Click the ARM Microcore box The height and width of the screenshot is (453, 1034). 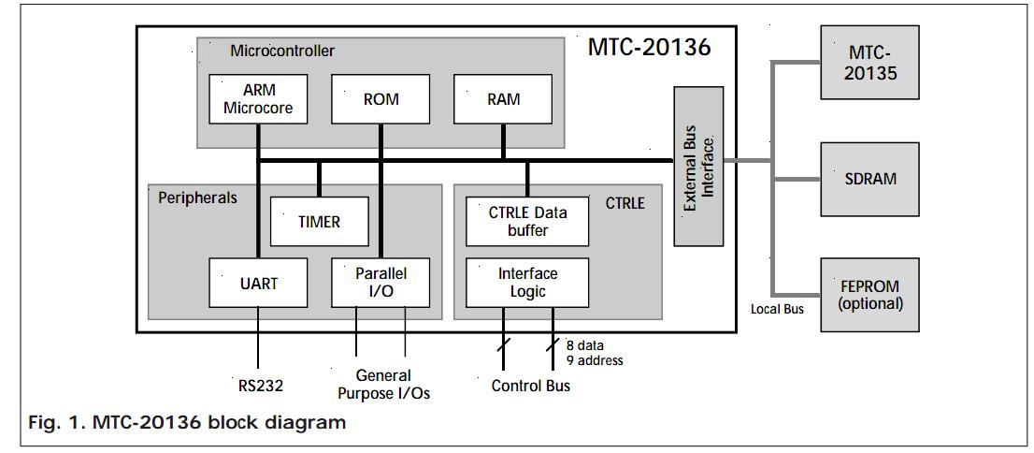pos(258,98)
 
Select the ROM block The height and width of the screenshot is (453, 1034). pos(381,98)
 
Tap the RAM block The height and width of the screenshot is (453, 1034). pos(503,98)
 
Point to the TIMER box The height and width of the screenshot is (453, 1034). pos(319,222)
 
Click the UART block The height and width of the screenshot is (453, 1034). pos(258,283)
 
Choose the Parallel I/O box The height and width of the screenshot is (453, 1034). pos(381,283)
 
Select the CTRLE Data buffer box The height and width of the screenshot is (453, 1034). pos(527,222)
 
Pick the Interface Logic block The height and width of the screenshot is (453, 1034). pos(527,283)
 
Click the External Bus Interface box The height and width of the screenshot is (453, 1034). pos(697,166)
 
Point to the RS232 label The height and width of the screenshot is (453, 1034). pos(260,385)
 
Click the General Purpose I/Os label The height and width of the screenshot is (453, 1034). pos(383,385)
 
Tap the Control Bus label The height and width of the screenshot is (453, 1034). pos(531,386)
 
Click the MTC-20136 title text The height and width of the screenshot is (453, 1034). pos(649,47)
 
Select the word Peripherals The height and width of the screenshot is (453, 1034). pos(197,197)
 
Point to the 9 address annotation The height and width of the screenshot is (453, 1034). pos(595,360)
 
